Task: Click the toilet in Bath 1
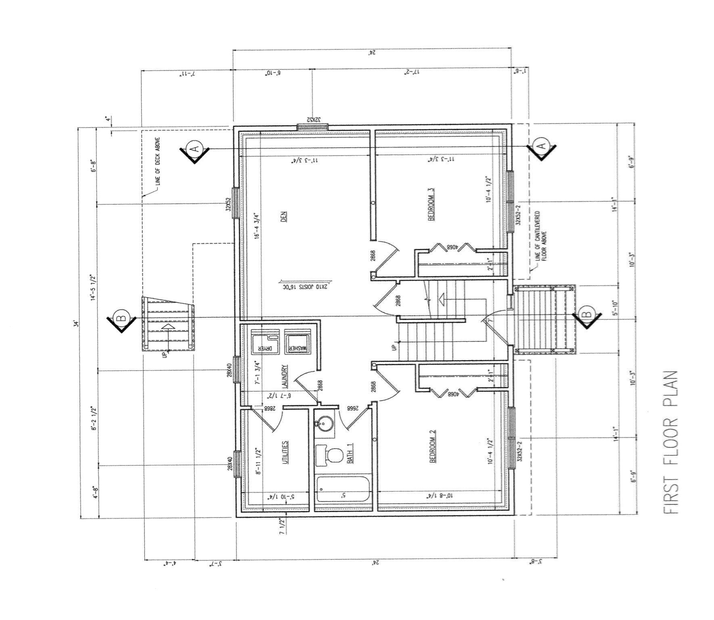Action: click(x=329, y=455)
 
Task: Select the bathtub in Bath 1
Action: click(x=343, y=489)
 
